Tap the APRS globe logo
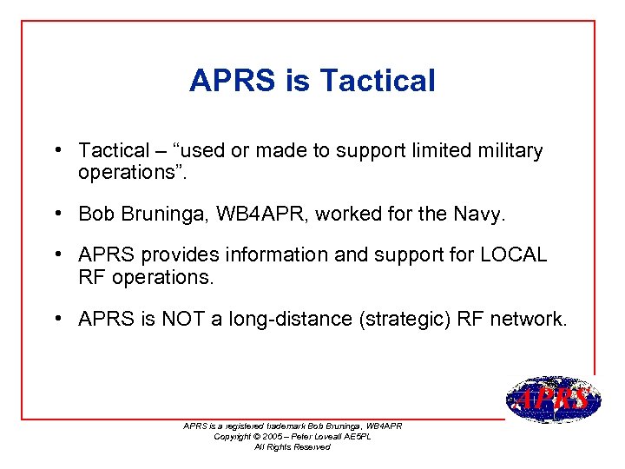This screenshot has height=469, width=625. [552, 399]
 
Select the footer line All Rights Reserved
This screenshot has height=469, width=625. [292, 446]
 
